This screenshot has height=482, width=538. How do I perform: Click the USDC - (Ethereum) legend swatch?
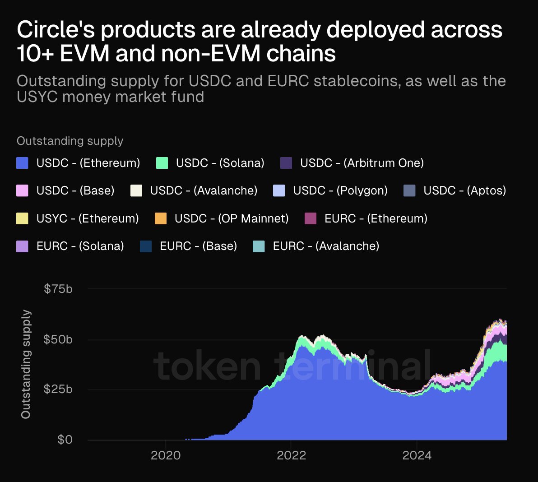pyautogui.click(x=23, y=163)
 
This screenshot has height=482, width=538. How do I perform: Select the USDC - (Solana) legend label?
pyautogui.click(x=220, y=163)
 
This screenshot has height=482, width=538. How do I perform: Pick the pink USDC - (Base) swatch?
pyautogui.click(x=23, y=190)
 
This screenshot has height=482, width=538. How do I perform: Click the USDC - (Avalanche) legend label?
pyautogui.click(x=204, y=190)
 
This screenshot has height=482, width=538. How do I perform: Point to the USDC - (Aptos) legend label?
pyautogui.click(x=464, y=190)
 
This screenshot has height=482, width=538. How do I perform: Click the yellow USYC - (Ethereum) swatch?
pyautogui.click(x=23, y=218)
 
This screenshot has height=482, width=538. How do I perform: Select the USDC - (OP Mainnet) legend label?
pyautogui.click(x=232, y=218)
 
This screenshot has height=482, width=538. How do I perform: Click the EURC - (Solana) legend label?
pyautogui.click(x=80, y=246)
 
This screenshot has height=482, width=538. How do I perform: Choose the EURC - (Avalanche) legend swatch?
pyautogui.click(x=259, y=246)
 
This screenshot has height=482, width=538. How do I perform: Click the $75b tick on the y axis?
pyautogui.click(x=58, y=289)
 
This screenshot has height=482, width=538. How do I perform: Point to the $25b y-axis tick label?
pyautogui.click(x=58, y=389)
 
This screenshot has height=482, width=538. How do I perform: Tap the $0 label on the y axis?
pyautogui.click(x=65, y=440)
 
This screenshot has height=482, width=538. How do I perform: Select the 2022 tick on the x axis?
pyautogui.click(x=291, y=455)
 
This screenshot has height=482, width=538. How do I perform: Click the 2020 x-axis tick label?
pyautogui.click(x=166, y=455)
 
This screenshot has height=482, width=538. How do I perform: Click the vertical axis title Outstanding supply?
pyautogui.click(x=26, y=364)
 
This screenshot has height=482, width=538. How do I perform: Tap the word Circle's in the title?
pyautogui.click(x=55, y=30)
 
